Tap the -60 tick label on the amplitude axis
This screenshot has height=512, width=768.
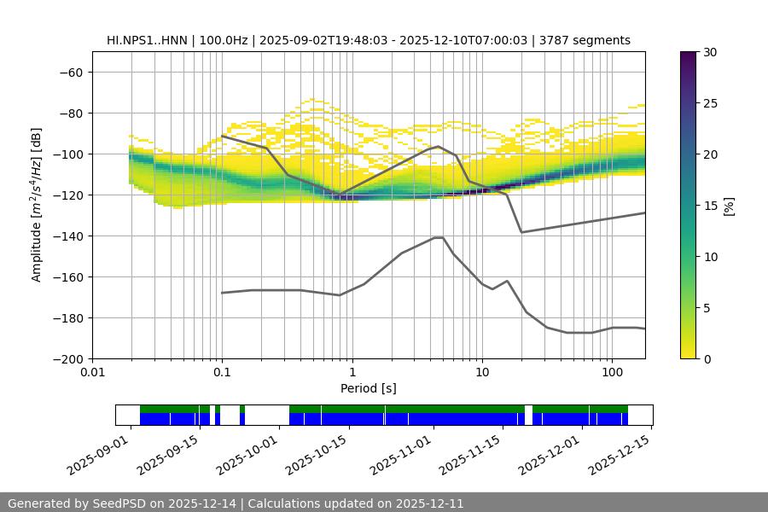click(70, 72)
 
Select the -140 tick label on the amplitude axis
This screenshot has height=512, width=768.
click(67, 236)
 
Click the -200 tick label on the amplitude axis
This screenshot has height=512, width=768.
click(67, 358)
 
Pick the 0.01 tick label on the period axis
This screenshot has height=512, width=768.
click(92, 373)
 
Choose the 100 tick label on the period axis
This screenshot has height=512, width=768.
click(611, 373)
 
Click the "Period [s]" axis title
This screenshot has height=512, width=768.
click(369, 388)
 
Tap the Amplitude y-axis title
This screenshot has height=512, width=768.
click(37, 205)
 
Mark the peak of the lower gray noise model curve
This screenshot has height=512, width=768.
click(439, 237)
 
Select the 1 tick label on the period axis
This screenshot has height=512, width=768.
click(352, 373)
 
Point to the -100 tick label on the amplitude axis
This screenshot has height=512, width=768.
click(67, 154)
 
